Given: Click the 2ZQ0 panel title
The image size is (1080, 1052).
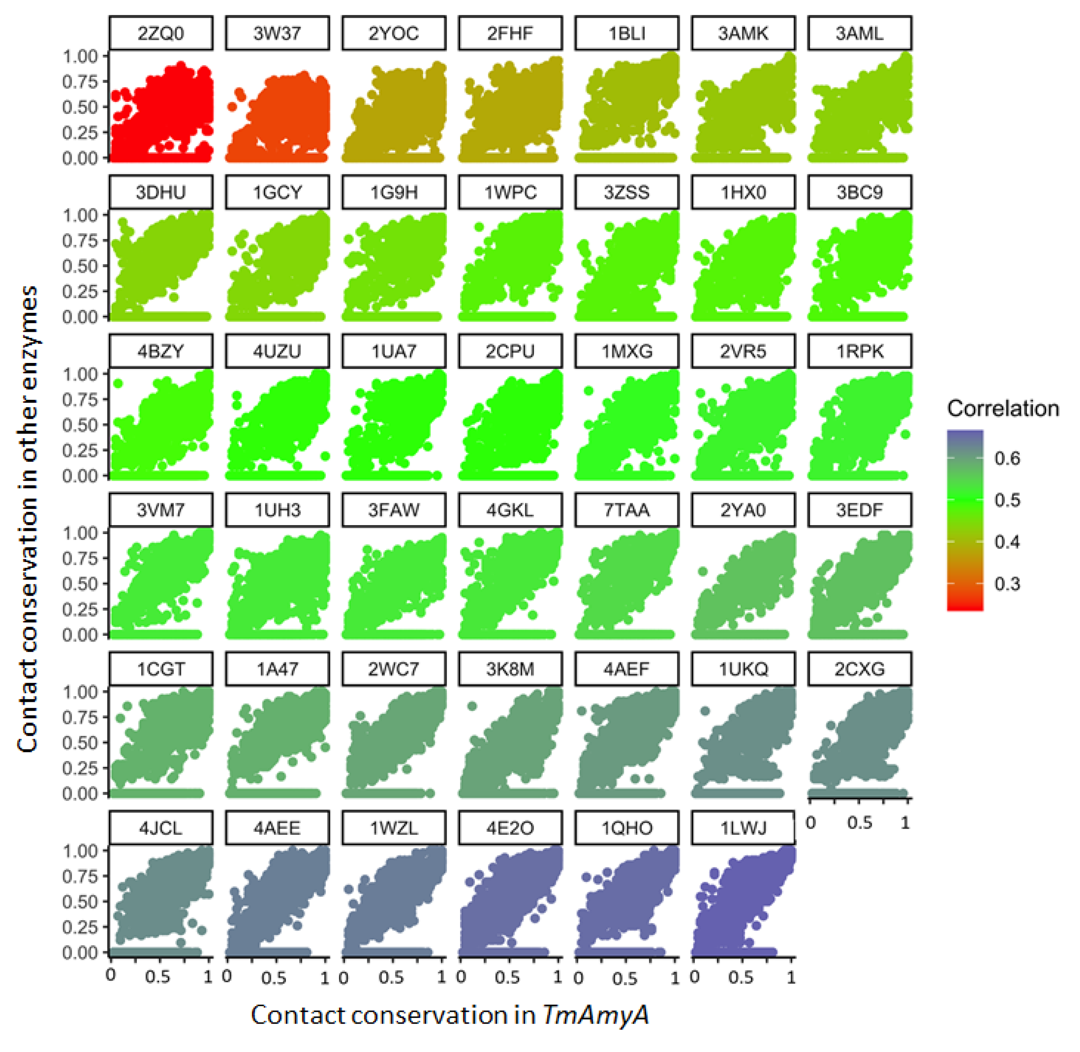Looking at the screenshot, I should pos(161,34).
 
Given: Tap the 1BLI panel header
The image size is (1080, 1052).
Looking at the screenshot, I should pos(627,34).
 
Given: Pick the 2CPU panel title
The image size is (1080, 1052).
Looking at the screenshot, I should pos(510,352).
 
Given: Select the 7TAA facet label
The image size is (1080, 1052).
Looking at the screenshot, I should pos(627,510).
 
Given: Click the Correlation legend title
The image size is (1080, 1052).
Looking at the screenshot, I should pos(1003,409).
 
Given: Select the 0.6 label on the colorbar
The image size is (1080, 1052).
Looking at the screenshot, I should pos(1007,459).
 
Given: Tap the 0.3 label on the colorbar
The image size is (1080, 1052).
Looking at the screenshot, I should pos(1007,584).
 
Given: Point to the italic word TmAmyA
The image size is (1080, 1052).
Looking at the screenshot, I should pos(595,1015).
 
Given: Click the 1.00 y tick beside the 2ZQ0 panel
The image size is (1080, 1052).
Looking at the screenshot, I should pos(80,56).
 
